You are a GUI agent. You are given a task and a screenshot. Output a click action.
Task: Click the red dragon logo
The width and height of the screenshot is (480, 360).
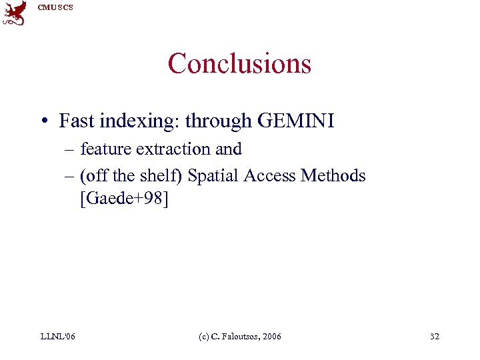[x=15, y=13]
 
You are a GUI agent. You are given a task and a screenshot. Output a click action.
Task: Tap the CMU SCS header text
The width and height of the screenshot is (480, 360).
[x=55, y=7]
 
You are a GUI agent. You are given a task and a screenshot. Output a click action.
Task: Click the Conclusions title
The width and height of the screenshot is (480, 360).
[x=239, y=64]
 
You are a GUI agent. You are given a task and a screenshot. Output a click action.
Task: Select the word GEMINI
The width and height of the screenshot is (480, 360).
[x=295, y=121]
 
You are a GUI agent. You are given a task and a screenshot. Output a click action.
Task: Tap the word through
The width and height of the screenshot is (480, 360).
[x=218, y=121]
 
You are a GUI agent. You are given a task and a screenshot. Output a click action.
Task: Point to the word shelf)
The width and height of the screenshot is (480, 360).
[x=162, y=176]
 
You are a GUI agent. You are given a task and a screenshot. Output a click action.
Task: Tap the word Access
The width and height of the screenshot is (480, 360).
[x=269, y=175]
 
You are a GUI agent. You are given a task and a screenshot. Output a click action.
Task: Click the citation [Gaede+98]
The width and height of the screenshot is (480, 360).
[x=124, y=199]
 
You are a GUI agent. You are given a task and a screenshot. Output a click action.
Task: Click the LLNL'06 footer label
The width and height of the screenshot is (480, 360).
[x=57, y=336]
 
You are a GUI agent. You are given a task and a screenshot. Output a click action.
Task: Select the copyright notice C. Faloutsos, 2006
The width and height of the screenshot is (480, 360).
[x=240, y=336]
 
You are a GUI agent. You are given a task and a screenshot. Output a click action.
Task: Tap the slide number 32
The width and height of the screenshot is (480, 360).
[x=435, y=336]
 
